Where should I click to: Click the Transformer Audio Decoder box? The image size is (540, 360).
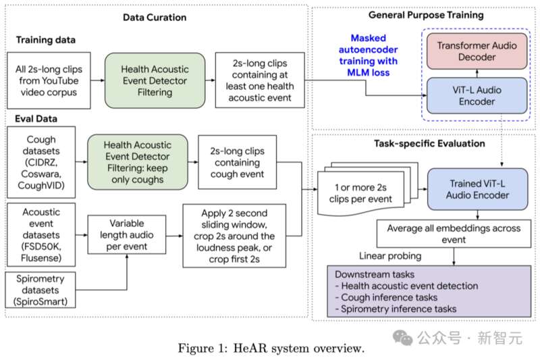(477, 51)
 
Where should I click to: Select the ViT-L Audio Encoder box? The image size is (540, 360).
(477, 95)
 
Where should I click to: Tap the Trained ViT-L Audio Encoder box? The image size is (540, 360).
(477, 189)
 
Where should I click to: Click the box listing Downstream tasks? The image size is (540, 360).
(429, 291)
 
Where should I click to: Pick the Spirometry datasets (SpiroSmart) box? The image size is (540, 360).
(40, 290)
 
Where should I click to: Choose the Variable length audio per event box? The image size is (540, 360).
(127, 234)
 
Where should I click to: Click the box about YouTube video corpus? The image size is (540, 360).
(49, 80)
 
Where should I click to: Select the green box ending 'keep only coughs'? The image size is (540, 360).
(138, 162)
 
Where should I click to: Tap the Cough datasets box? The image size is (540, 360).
(41, 162)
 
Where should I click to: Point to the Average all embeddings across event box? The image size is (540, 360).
(454, 234)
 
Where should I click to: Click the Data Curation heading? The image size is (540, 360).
(155, 18)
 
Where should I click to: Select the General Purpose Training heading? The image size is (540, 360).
(426, 15)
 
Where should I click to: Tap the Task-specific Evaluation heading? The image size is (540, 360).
(429, 143)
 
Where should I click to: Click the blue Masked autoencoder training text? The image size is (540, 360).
(368, 55)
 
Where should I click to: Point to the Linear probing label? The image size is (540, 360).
(390, 256)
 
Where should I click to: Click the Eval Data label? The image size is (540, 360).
(36, 119)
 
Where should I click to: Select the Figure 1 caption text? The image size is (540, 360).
(271, 348)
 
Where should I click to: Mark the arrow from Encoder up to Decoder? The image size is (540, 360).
(477, 74)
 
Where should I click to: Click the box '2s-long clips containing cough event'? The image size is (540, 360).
(238, 162)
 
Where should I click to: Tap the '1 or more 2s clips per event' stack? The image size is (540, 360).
(367, 189)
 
